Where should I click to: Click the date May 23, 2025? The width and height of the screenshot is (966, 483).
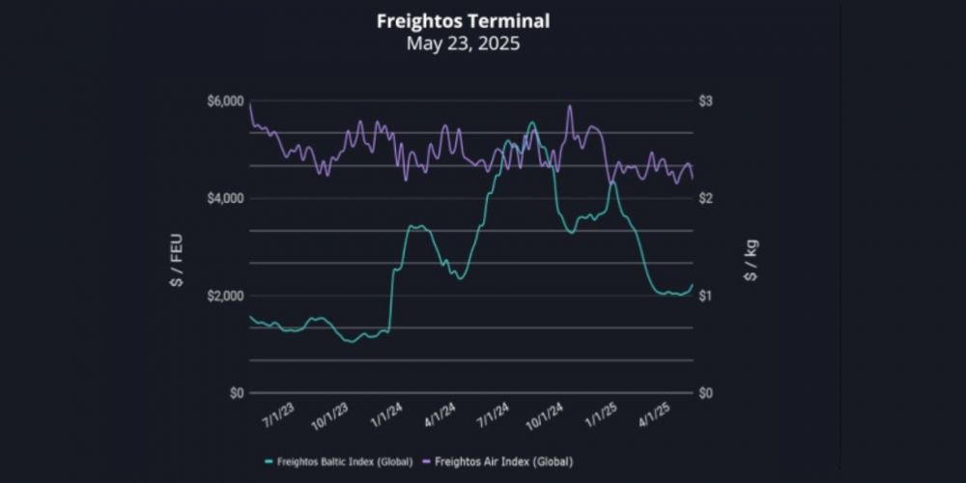coord(463,43)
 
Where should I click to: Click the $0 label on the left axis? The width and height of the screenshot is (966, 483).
coord(236,393)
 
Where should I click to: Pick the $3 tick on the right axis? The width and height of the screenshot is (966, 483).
coord(705,101)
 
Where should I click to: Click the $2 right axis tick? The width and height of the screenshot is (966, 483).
coord(705,199)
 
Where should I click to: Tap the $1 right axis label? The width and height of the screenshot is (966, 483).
coord(705,296)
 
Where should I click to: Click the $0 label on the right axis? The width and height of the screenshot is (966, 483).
coord(705,393)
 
